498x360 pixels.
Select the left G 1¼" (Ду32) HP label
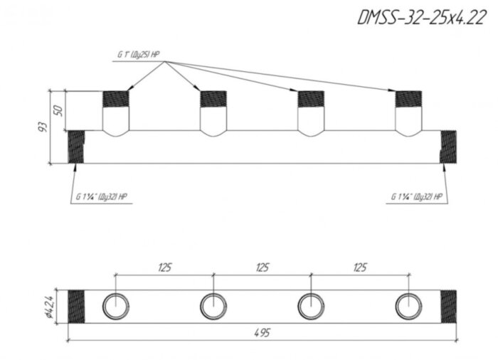(101, 196)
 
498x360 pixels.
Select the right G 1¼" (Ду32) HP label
(417, 196)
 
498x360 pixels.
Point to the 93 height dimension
(42, 127)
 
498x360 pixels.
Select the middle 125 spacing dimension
(262, 268)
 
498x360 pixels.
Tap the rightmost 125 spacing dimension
(360, 268)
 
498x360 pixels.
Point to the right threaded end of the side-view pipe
(449, 147)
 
